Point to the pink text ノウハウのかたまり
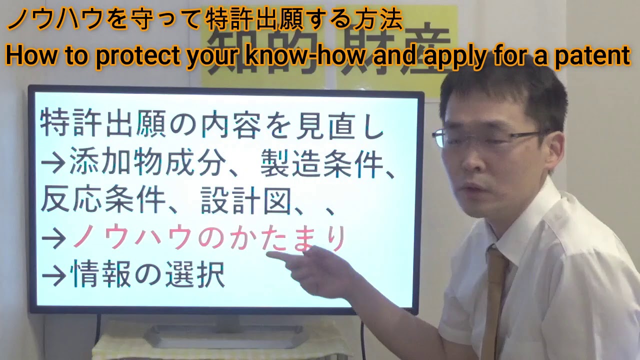click(x=209, y=238)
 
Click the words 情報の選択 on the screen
click(x=147, y=274)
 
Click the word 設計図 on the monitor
click(x=246, y=201)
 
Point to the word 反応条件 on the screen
click(x=103, y=201)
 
